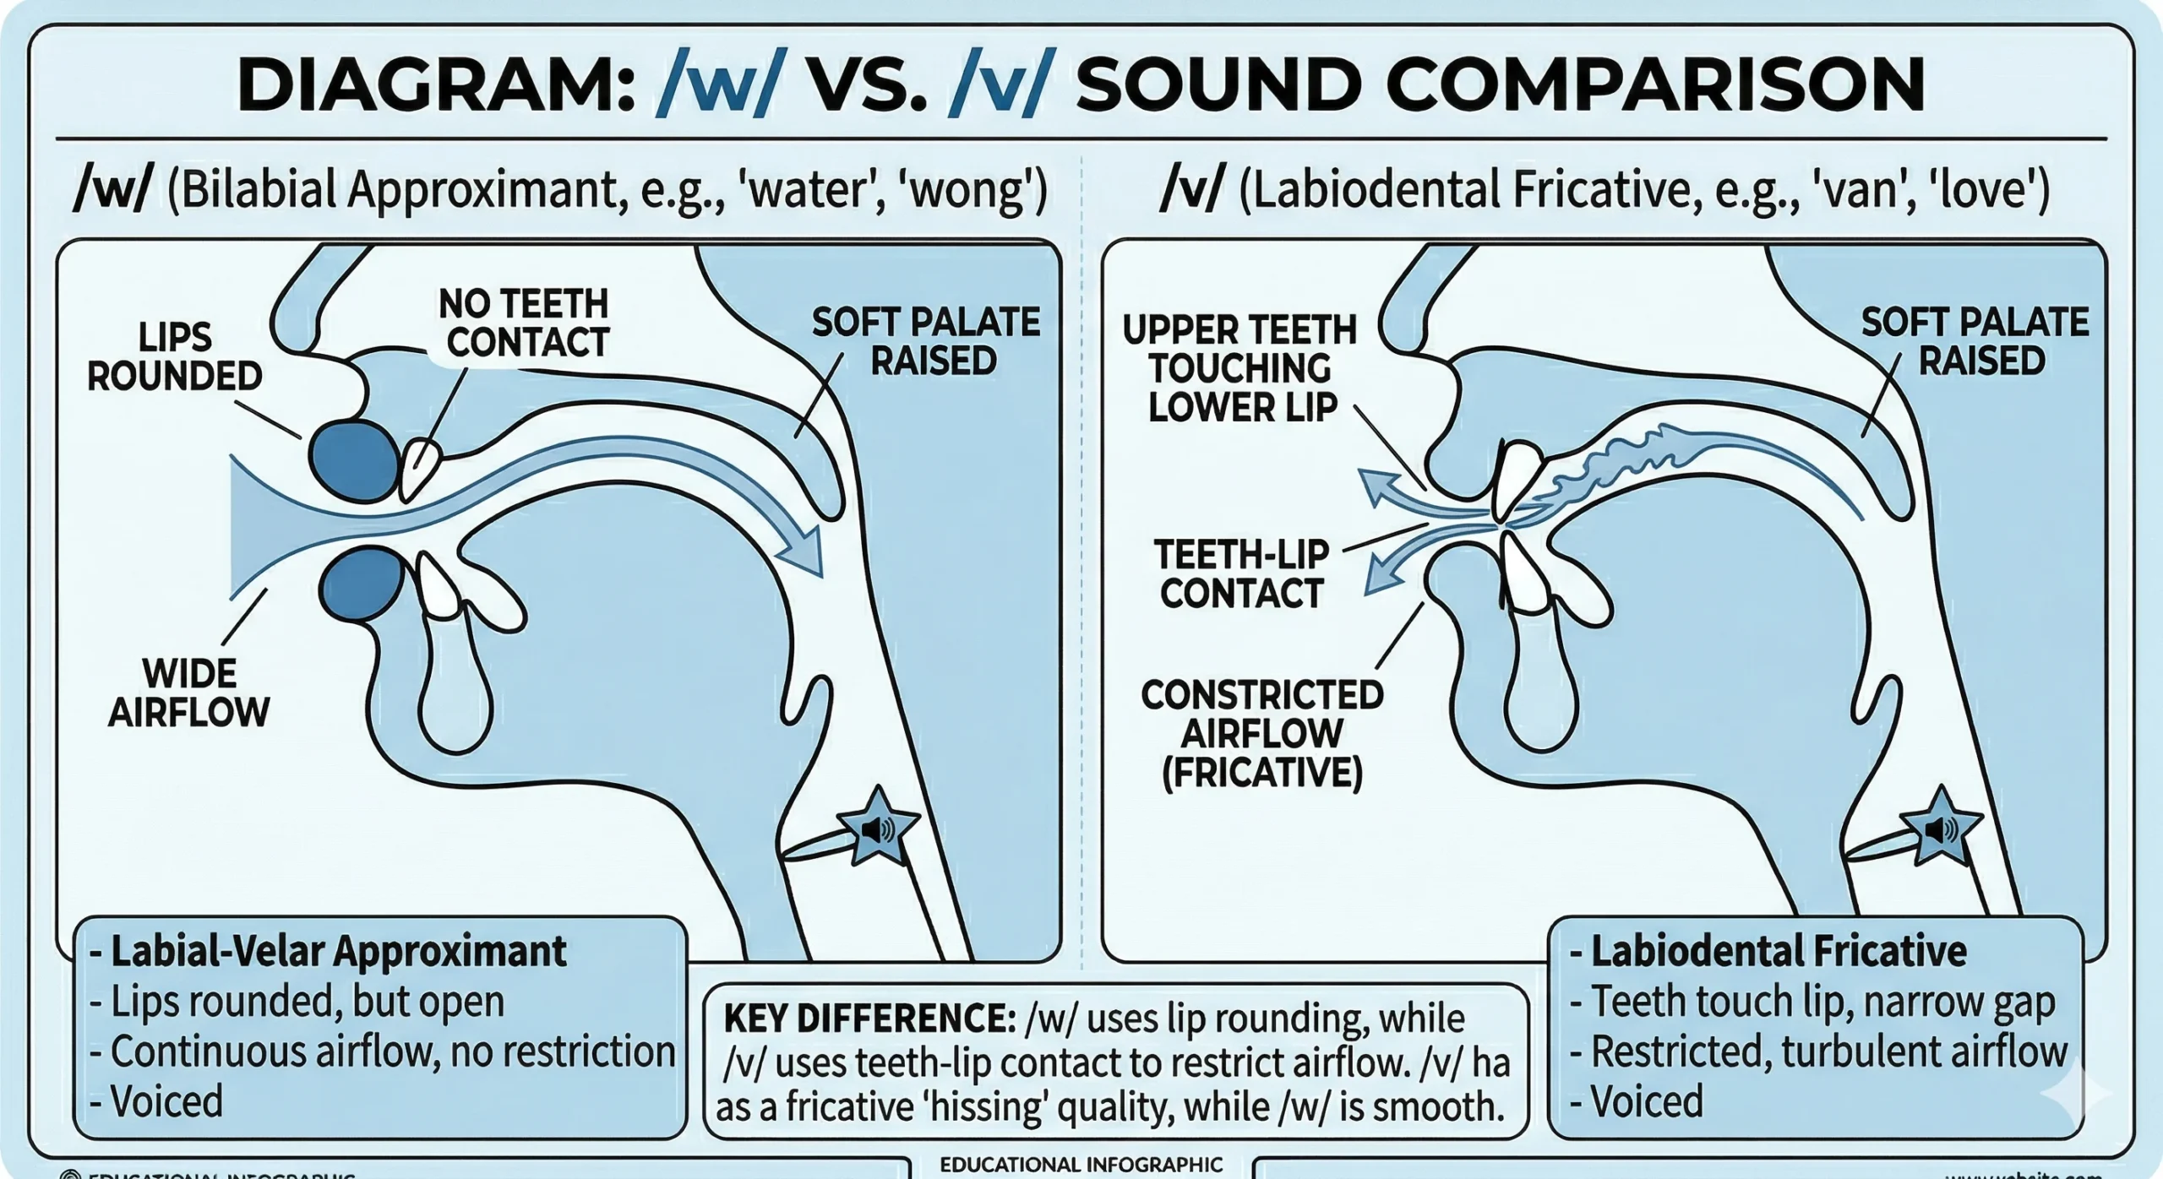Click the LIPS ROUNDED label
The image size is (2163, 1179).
click(x=175, y=356)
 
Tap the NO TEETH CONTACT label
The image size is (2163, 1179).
click(x=525, y=323)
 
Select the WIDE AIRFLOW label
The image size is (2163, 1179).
click(x=189, y=693)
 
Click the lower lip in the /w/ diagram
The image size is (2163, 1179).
click(x=362, y=584)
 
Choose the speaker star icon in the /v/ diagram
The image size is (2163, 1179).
click(x=1940, y=828)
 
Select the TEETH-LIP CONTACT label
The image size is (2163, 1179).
click(x=1241, y=573)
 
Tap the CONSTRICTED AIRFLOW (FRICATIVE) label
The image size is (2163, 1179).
click(x=1261, y=731)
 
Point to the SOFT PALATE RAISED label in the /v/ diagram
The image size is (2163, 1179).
click(x=1975, y=341)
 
